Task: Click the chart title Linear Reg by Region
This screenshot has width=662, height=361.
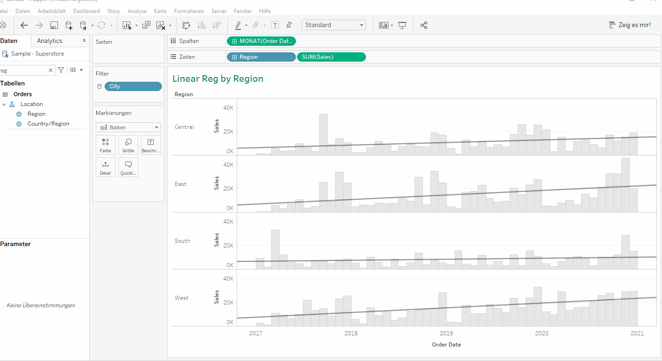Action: click(x=218, y=79)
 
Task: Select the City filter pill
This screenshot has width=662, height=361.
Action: click(x=133, y=86)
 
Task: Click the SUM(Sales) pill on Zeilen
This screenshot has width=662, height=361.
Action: click(x=331, y=57)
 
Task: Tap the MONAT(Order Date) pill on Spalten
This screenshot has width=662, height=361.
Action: click(x=261, y=41)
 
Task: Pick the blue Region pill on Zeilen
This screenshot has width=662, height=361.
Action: click(x=261, y=57)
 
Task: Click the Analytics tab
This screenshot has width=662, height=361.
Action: click(x=49, y=41)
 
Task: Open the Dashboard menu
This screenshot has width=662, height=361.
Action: click(x=86, y=11)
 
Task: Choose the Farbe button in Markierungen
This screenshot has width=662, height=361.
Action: click(x=106, y=145)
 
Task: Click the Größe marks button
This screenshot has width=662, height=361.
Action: click(x=128, y=145)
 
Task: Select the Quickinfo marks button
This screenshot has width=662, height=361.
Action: click(x=128, y=167)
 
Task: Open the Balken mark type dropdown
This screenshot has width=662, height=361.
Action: click(x=128, y=127)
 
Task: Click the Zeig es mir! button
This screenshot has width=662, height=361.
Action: click(x=630, y=25)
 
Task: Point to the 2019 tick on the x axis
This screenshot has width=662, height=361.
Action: click(x=446, y=333)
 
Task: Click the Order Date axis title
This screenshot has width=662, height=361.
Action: click(x=446, y=345)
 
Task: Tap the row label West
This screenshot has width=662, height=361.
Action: click(x=182, y=298)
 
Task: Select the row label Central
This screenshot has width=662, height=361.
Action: click(x=184, y=127)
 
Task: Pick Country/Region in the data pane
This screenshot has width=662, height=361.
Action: click(x=48, y=124)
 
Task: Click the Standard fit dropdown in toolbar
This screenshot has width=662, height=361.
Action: click(x=333, y=25)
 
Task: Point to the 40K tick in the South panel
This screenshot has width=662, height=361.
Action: click(x=228, y=222)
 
